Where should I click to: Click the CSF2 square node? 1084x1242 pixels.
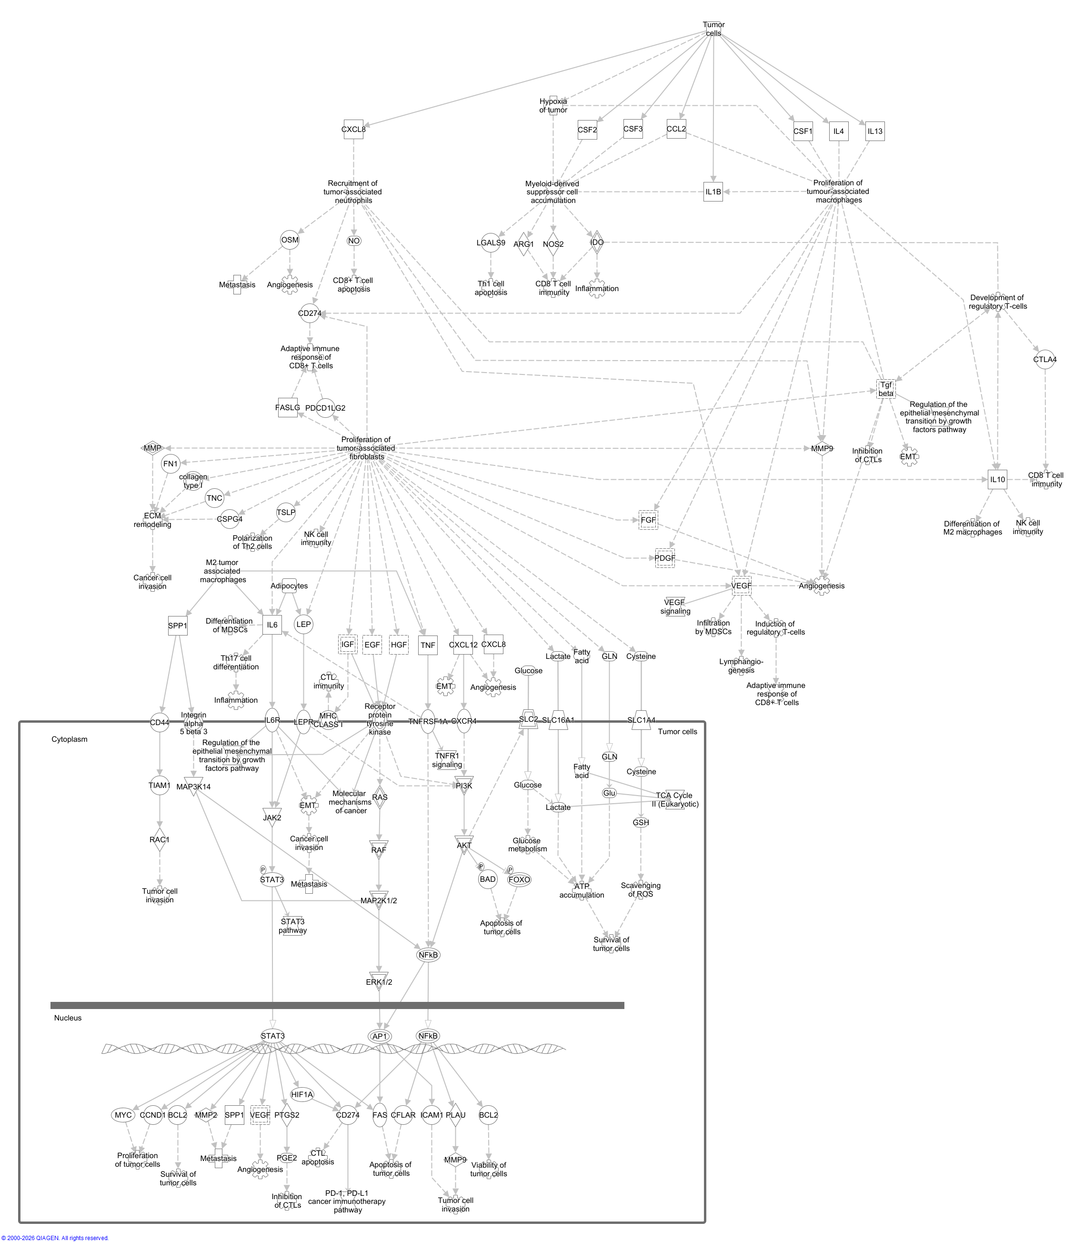pos(587,130)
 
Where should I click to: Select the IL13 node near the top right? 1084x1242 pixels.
pos(875,131)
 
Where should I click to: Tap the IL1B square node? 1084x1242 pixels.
pos(713,192)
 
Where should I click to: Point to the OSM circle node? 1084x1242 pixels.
pos(290,240)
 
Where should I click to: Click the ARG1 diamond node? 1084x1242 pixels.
pos(524,244)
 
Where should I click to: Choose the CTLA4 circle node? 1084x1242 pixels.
pos(1044,359)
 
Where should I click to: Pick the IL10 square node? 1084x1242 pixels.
pos(997,479)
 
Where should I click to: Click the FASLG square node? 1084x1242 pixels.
pos(287,408)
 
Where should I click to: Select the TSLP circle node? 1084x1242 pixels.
pos(286,513)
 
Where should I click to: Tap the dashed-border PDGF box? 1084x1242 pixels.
pos(665,558)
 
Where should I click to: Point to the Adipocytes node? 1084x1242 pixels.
pos(289,586)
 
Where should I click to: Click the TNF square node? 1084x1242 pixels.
pos(428,645)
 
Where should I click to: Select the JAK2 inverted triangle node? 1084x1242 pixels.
pos(272,818)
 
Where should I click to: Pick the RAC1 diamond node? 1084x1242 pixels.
pos(159,840)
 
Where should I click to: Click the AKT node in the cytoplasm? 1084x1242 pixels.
pos(464,845)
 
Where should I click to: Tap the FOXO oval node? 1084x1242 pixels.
pos(519,879)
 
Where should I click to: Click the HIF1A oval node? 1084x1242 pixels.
pos(302,1094)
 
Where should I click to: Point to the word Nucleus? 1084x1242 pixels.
pos(68,1018)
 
